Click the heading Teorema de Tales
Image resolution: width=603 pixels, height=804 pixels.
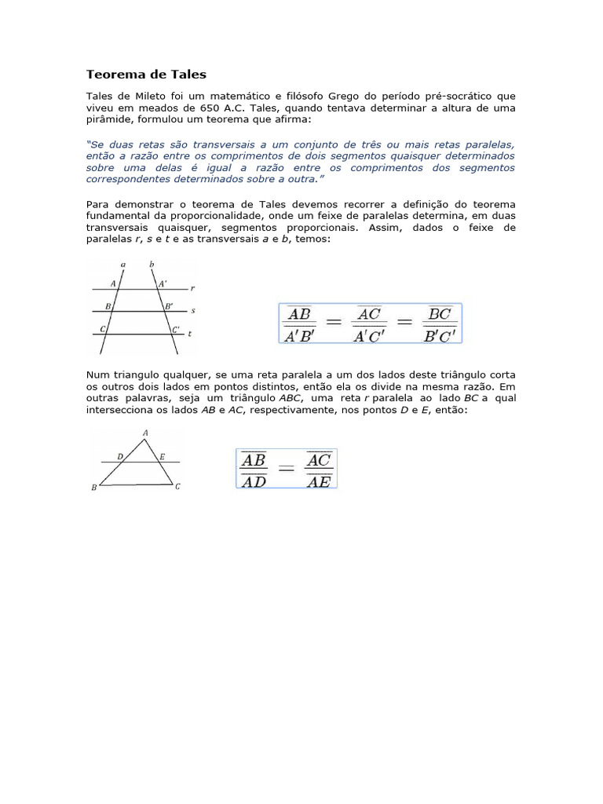point(146,75)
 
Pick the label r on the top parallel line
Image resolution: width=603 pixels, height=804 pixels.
point(192,288)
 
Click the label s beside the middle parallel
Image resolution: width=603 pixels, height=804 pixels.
point(193,311)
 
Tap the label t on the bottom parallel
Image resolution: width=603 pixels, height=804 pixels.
point(191,334)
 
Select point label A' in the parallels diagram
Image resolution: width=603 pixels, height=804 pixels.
point(163,283)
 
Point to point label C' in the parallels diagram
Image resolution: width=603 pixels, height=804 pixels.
point(176,330)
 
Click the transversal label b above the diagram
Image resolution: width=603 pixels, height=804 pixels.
point(152,265)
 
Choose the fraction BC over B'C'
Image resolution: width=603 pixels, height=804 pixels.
point(440,323)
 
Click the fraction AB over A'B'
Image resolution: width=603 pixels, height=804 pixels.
point(300,323)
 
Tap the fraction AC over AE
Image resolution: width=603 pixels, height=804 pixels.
point(318,469)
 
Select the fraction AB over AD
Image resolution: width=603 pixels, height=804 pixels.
point(254,469)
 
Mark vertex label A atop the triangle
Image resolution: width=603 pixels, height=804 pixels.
point(145,433)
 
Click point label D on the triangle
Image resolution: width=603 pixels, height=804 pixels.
point(119,456)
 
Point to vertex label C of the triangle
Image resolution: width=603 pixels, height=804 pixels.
point(178,487)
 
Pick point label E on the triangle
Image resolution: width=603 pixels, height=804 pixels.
point(162,456)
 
